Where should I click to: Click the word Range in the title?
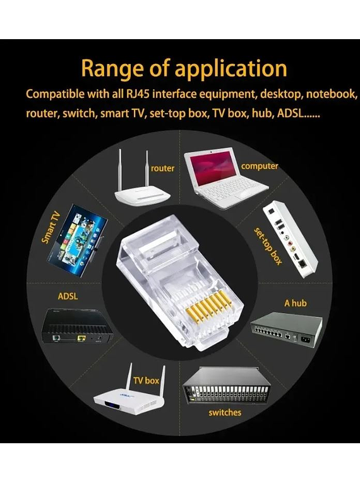pos(112,68)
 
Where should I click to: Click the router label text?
pos(162,168)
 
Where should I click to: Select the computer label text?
pos(260,166)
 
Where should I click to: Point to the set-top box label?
pos(268,246)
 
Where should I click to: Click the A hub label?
pos(296,303)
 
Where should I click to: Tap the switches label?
pos(225,412)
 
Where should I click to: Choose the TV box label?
pos(146,381)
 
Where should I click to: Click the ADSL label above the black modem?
pos(68,296)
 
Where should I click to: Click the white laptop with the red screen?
pos(226,177)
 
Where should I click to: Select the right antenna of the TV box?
pos(163,381)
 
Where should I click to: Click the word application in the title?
pos(231,69)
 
